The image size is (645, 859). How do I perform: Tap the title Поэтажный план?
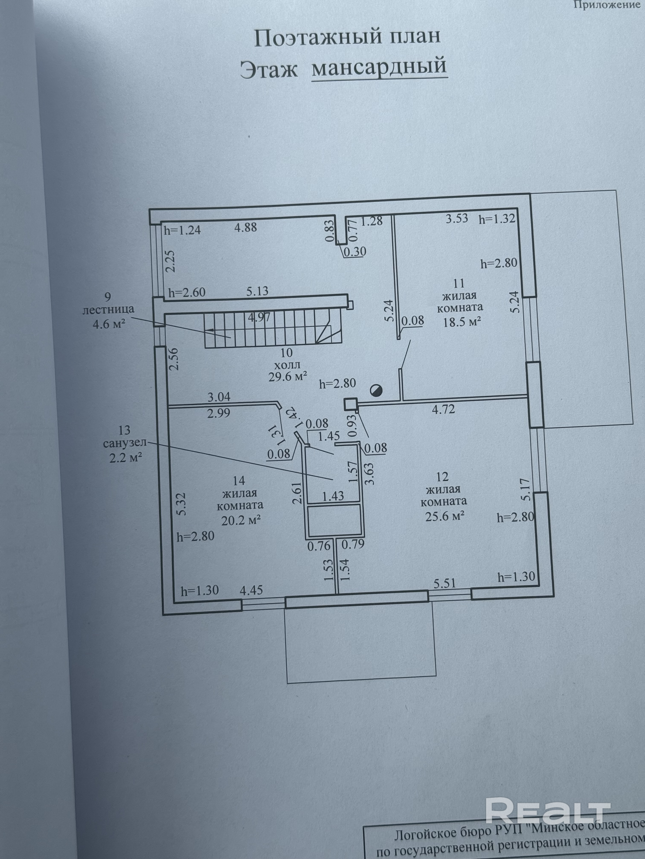click(x=347, y=37)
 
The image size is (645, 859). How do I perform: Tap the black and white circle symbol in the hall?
click(x=376, y=391)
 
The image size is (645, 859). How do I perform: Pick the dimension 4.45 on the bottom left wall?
click(x=251, y=590)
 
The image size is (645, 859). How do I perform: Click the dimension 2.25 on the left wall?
click(x=170, y=261)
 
